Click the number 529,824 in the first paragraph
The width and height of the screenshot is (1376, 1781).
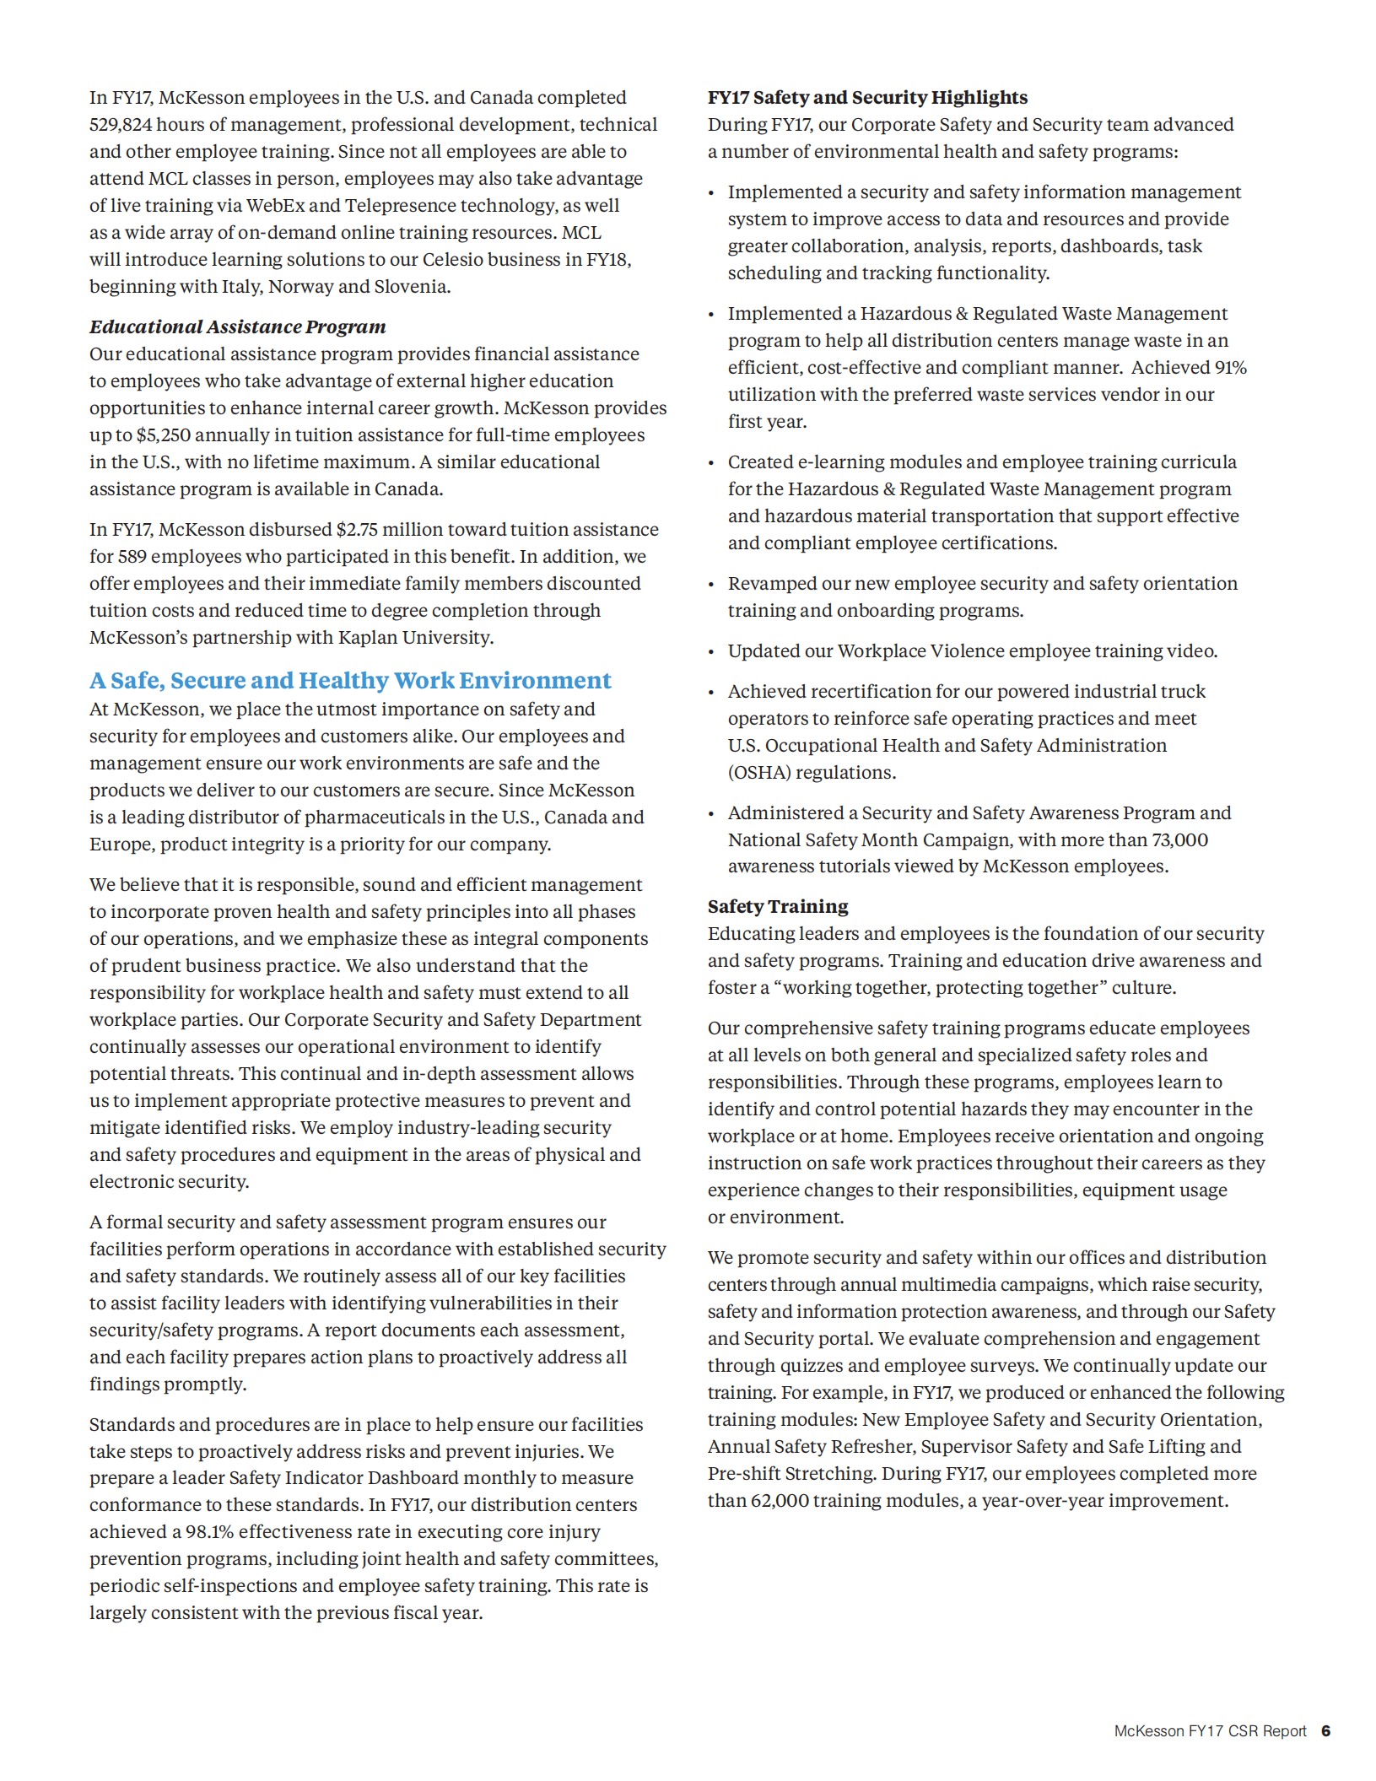pyautogui.click(x=121, y=125)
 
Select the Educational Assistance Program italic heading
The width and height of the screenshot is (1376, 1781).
pyautogui.click(x=237, y=327)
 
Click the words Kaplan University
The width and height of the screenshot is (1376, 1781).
pyautogui.click(x=414, y=638)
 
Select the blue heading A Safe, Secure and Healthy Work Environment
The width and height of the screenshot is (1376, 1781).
pyautogui.click(x=350, y=681)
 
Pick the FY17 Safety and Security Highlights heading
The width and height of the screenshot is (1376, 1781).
pyautogui.click(x=867, y=98)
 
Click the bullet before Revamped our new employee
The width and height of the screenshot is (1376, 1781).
pyautogui.click(x=711, y=585)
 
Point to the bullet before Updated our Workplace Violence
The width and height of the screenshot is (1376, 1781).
pyautogui.click(x=711, y=652)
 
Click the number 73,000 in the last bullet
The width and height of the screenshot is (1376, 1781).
pyautogui.click(x=1179, y=840)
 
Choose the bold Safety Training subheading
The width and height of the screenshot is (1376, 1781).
pyautogui.click(x=778, y=907)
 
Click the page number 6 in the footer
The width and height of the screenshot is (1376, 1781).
pyautogui.click(x=1325, y=1731)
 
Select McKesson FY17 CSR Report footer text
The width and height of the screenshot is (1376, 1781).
pyautogui.click(x=1209, y=1731)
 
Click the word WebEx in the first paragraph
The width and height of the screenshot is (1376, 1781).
pyautogui.click(x=275, y=206)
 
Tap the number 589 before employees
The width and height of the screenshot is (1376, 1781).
pyautogui.click(x=132, y=557)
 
